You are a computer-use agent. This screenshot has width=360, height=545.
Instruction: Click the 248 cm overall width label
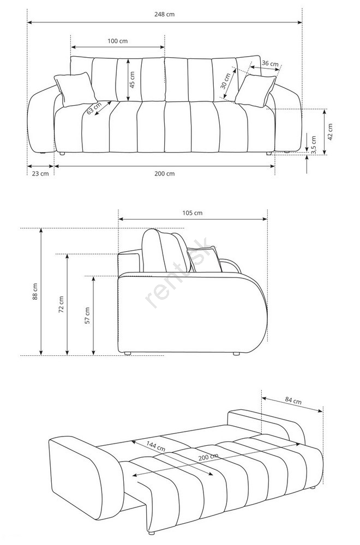coord(165,14)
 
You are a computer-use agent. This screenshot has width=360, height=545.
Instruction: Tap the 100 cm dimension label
coord(118,41)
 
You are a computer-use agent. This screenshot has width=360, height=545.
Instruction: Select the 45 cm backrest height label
coord(133,80)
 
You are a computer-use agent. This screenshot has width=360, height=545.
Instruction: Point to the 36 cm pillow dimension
coord(270,64)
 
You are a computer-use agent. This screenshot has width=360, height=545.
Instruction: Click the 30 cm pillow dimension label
coord(225,81)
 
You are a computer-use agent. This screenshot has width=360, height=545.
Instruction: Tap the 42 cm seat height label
coord(330,132)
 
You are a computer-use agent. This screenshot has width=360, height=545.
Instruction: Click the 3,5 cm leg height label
coord(314,145)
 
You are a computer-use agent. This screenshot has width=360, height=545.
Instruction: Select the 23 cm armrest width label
coord(40,173)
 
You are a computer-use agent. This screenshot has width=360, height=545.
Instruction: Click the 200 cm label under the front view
coord(165,173)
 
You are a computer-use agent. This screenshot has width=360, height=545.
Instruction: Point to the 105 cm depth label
coord(193,213)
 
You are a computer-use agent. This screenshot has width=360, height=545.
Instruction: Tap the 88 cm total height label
coord(35,292)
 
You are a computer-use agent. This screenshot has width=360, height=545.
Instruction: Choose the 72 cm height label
coord(61,305)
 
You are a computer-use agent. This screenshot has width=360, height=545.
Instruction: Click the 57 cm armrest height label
coord(87,316)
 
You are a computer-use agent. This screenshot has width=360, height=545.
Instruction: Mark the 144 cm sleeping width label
coord(155,446)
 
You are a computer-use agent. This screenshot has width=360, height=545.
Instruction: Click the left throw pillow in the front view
coord(76,89)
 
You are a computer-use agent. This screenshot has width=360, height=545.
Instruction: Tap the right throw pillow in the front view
coord(255,90)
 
